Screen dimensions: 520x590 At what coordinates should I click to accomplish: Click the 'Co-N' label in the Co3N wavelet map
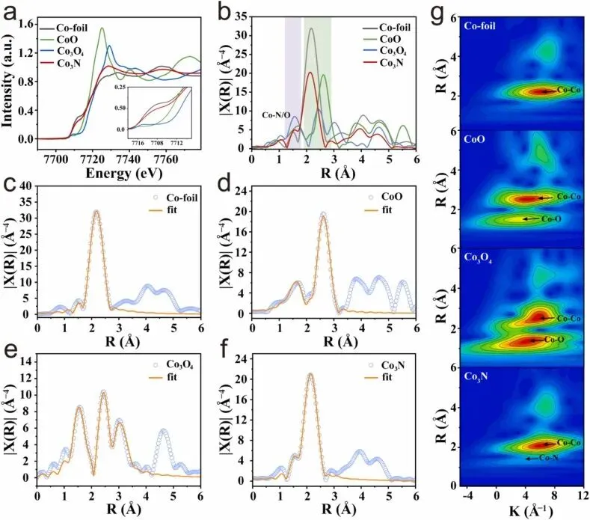(x=550, y=458)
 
